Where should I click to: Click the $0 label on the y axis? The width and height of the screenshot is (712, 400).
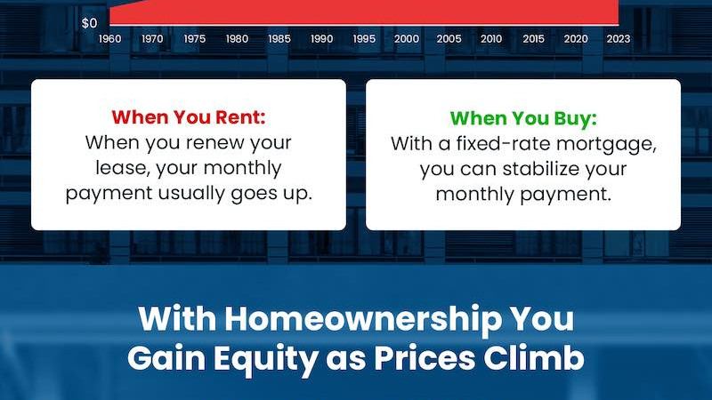[90, 23]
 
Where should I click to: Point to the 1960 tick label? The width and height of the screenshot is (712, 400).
[109, 39]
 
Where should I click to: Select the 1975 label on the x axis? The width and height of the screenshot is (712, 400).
[195, 39]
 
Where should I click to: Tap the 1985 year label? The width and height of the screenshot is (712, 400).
[279, 39]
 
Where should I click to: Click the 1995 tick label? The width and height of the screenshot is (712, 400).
[364, 39]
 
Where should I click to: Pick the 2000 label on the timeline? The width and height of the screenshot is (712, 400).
[407, 39]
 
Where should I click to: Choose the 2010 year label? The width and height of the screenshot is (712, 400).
[491, 39]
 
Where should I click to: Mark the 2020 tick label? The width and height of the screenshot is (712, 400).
[576, 39]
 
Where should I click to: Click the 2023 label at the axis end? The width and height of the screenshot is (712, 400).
[619, 39]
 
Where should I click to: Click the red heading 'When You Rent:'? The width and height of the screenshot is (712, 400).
[189, 117]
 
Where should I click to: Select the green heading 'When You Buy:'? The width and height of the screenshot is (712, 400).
[523, 118]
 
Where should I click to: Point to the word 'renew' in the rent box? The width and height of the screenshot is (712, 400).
[215, 143]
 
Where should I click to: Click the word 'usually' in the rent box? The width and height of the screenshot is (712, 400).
[191, 194]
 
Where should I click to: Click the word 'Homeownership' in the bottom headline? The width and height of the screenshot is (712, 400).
[363, 318]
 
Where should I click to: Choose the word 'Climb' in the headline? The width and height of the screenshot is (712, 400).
[533, 358]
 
